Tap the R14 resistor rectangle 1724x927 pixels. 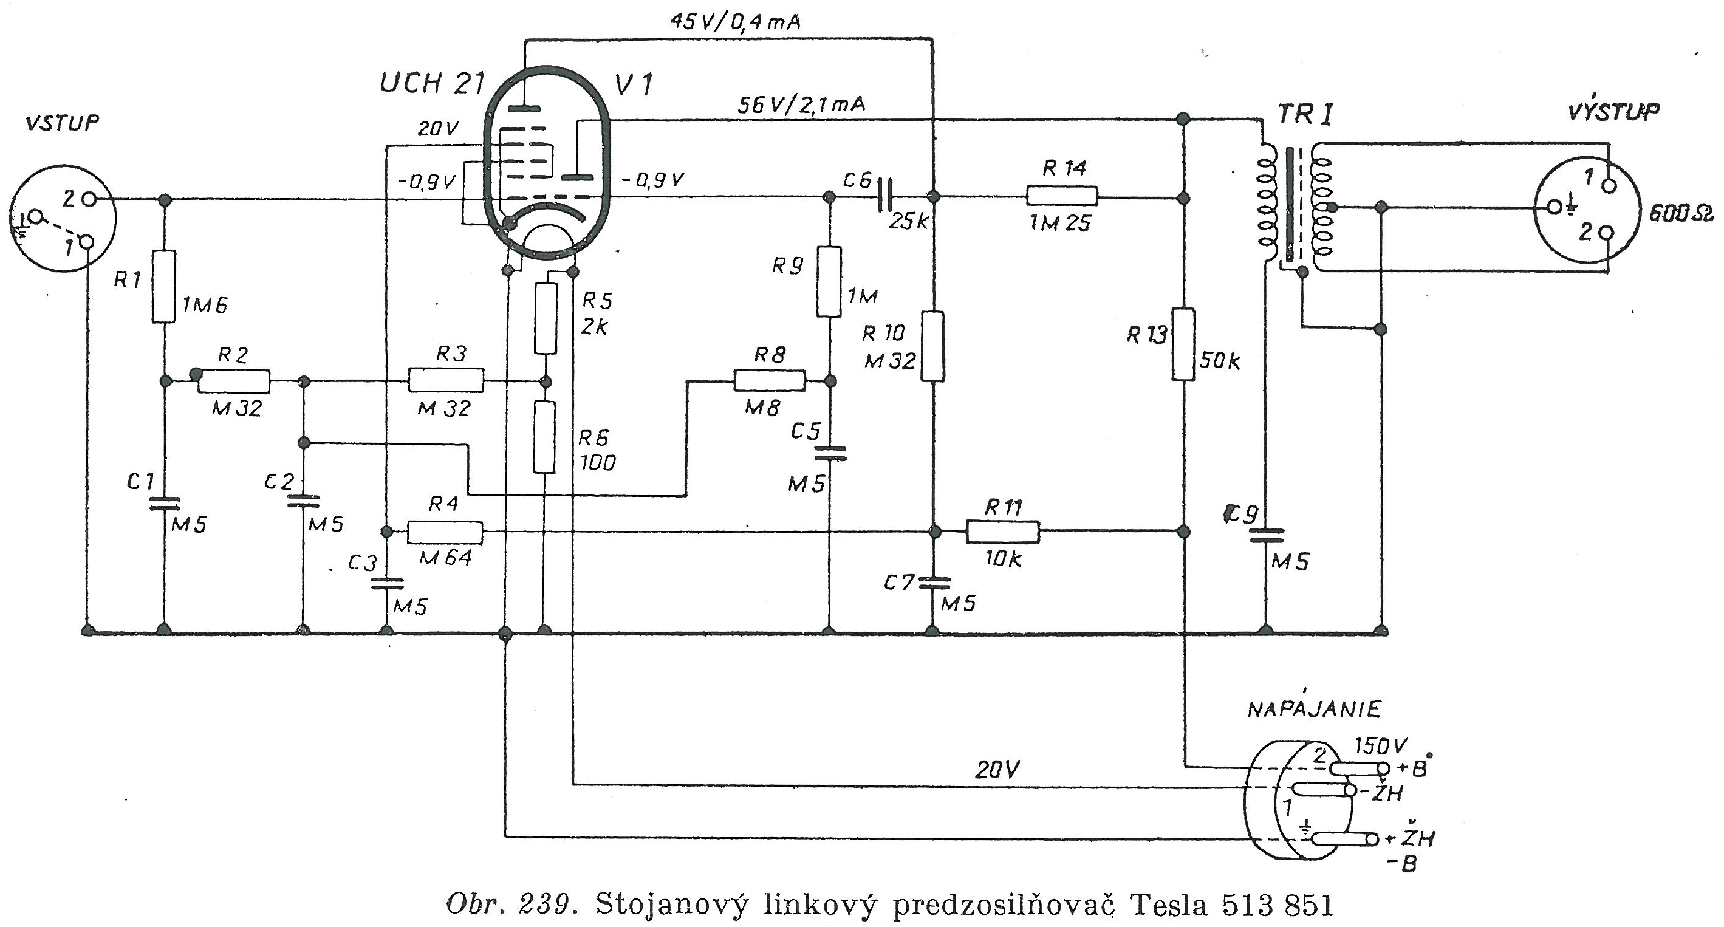click(1062, 196)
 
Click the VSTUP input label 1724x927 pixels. click(61, 124)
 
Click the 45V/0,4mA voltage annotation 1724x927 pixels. click(735, 22)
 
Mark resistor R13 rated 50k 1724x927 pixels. click(1183, 343)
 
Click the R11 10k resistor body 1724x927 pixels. click(1002, 532)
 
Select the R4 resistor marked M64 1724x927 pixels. click(445, 532)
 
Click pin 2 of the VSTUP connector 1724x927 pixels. click(92, 199)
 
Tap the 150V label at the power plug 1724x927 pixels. click(1381, 747)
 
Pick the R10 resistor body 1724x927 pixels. click(933, 346)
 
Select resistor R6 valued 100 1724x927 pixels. click(545, 437)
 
